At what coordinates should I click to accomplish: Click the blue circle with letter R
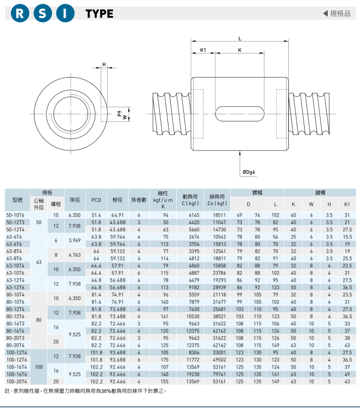coord(20,13)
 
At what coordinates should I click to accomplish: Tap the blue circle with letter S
coord(43,13)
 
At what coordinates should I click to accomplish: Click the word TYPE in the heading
coord(100,14)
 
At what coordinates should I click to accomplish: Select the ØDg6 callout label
coord(248,172)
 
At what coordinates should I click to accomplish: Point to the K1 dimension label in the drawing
coord(203,50)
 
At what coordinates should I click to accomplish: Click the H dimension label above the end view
coord(104,65)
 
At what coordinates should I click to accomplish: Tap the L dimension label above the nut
coord(240,38)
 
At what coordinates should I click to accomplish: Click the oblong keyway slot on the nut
coord(240,114)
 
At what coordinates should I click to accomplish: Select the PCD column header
coord(96,200)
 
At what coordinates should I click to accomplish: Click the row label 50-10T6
coord(15,215)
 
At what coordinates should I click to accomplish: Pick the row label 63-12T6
coord(15,288)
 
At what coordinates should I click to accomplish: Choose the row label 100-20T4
coord(16,381)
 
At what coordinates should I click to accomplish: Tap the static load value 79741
coord(219,374)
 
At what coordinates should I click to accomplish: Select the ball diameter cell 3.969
coord(75,241)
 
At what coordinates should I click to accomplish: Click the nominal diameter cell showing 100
coord(39,367)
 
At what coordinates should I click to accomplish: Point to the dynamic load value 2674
coord(194,237)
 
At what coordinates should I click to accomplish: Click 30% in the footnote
coord(106,391)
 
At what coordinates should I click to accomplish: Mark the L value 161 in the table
coord(275,374)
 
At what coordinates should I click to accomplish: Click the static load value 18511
coord(219,215)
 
